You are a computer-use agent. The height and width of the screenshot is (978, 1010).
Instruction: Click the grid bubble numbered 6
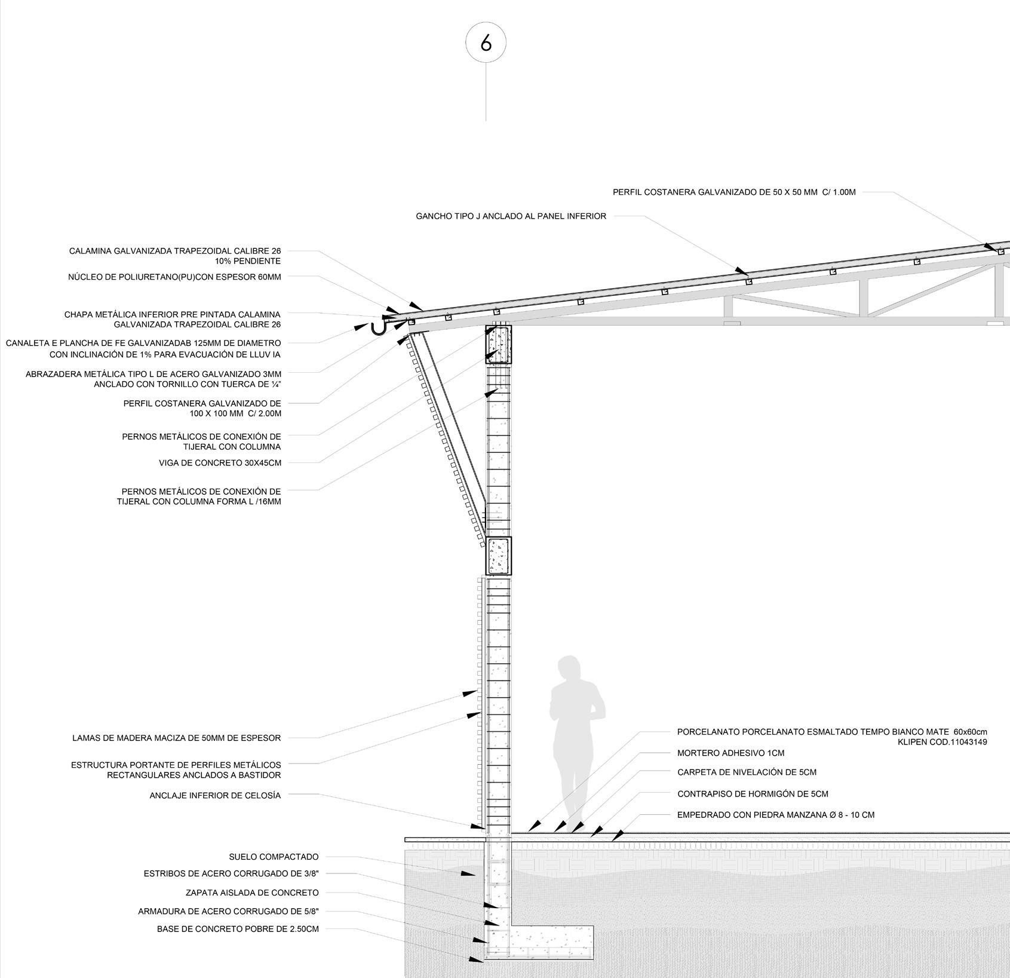coord(486,43)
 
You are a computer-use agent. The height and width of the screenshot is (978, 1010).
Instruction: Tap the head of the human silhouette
coord(569,669)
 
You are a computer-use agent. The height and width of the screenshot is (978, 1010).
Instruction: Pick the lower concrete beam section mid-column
coord(498,556)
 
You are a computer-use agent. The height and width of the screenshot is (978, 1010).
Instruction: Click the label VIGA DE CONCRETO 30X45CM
coord(220,462)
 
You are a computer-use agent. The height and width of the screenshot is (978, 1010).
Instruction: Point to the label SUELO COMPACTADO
coord(274,857)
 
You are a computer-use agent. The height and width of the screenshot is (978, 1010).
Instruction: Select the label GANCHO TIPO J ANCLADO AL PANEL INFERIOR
coord(511,216)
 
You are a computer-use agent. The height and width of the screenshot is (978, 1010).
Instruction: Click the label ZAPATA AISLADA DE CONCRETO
coord(252,893)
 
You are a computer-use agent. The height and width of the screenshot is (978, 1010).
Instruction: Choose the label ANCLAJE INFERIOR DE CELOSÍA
coord(215,795)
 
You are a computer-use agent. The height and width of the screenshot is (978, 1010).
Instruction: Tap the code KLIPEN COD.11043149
coord(942,742)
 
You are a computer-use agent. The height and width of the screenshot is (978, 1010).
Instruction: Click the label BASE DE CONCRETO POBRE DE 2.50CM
coord(238,929)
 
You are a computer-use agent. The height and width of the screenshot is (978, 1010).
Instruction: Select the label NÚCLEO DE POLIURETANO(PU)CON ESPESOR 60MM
coord(174,277)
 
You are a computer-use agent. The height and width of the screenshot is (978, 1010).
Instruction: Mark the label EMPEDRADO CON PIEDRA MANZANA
coord(775,815)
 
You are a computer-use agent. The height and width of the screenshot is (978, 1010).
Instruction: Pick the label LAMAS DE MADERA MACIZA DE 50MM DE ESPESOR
coord(176,738)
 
